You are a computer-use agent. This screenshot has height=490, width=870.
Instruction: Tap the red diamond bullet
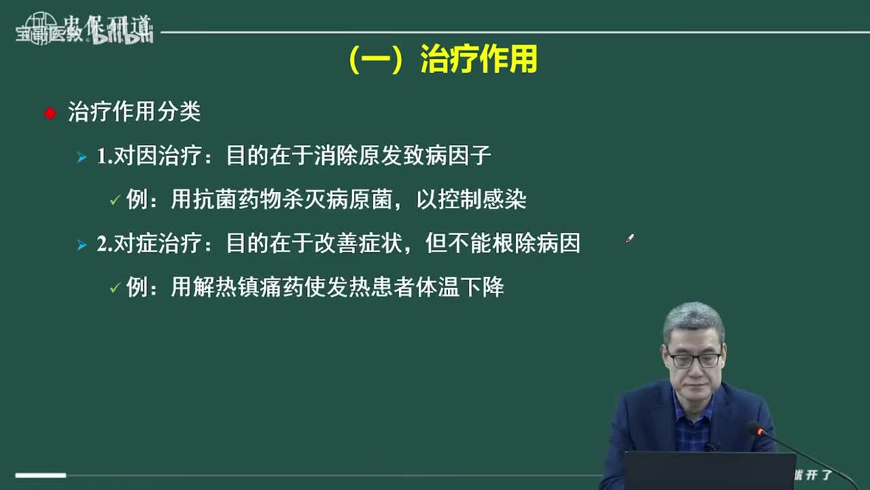tap(50, 113)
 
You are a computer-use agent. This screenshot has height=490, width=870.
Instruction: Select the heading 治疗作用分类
tap(134, 112)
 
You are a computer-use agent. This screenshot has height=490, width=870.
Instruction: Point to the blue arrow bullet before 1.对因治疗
tap(82, 158)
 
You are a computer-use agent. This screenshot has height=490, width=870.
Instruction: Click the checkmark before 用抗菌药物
tap(115, 201)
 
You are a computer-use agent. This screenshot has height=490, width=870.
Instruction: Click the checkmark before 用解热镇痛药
tap(115, 289)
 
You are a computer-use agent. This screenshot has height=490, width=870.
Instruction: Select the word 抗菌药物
tap(237, 200)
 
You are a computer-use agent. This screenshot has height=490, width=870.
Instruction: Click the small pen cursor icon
tap(630, 239)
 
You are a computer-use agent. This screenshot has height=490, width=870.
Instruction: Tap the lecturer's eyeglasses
tap(693, 359)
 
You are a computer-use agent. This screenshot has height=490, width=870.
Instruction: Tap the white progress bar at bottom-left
tap(41, 475)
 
